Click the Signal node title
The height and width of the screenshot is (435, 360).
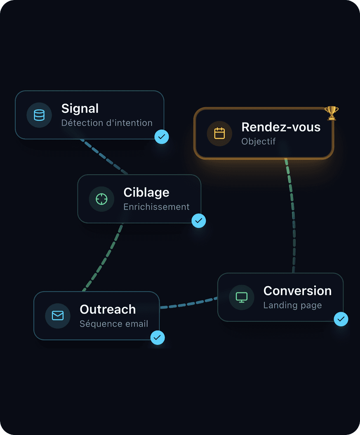(x=80, y=109)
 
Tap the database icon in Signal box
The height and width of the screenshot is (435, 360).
(x=39, y=115)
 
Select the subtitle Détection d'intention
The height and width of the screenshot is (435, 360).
(x=107, y=123)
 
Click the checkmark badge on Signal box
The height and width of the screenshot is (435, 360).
(x=162, y=137)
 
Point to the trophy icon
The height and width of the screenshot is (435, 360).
(x=331, y=113)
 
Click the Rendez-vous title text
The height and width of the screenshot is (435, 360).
(x=281, y=127)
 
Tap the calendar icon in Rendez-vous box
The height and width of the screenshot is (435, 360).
(x=219, y=133)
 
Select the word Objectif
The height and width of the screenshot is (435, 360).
(x=258, y=141)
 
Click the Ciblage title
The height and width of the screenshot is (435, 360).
(x=146, y=192)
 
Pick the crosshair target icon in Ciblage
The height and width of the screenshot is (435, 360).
(x=101, y=199)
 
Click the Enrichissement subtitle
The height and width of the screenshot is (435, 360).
(x=156, y=207)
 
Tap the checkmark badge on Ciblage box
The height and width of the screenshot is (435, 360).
(x=199, y=221)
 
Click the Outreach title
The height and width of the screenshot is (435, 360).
(x=108, y=309)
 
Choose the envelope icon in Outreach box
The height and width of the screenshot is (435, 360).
(x=58, y=316)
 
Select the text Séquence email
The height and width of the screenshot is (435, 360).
(x=114, y=324)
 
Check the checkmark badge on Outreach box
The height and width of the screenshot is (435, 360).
(x=158, y=338)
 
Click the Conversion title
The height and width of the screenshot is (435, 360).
(x=297, y=291)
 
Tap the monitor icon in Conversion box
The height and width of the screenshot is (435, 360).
(x=241, y=297)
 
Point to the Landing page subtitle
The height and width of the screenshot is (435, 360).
(x=292, y=305)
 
